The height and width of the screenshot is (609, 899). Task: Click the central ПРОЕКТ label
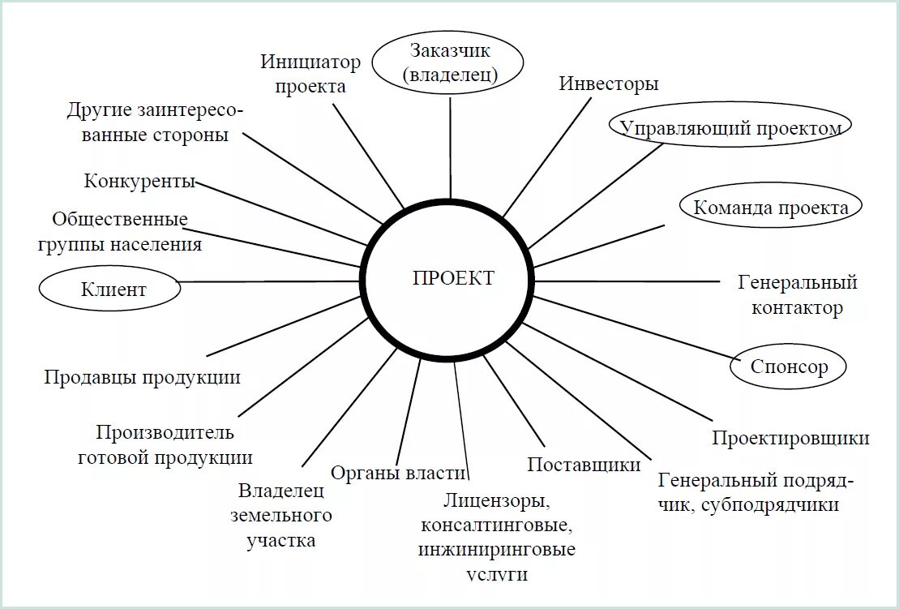(x=453, y=278)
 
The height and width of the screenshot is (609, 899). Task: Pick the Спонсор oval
(x=789, y=367)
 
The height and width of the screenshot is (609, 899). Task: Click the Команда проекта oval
(x=770, y=207)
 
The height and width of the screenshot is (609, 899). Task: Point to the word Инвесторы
(x=608, y=84)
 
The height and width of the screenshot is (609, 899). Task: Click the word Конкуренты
(x=139, y=181)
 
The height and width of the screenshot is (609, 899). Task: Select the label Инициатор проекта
(x=310, y=74)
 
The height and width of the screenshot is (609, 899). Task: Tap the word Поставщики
(x=584, y=465)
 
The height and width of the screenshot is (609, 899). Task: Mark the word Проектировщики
(x=790, y=439)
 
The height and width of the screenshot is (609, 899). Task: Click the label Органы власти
(x=398, y=474)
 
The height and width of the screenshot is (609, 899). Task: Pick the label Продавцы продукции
(x=142, y=377)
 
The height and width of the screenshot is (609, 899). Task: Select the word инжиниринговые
(x=497, y=550)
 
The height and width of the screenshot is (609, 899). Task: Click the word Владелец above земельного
(x=280, y=491)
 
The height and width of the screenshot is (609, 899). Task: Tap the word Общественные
(x=120, y=220)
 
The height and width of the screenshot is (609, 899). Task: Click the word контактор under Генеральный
(x=797, y=308)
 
